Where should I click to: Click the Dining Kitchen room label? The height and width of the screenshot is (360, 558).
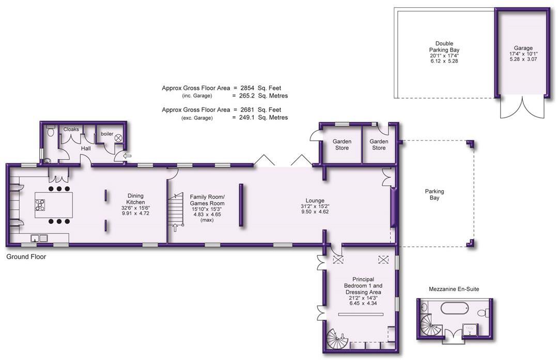tap(136, 199)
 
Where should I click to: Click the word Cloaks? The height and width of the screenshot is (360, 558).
tap(71, 130)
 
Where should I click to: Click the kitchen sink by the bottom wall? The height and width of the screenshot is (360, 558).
tap(39, 239)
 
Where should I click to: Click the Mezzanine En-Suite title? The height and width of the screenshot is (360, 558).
tap(454, 289)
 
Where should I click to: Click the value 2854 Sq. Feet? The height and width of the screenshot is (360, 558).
tap(261, 88)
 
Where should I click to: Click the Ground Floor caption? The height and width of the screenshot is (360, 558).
tap(26, 257)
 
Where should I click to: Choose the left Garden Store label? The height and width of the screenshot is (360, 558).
tap(342, 145)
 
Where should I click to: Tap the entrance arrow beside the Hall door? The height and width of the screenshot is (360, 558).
tap(128, 155)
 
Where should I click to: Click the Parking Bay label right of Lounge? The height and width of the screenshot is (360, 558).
tap(434, 194)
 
